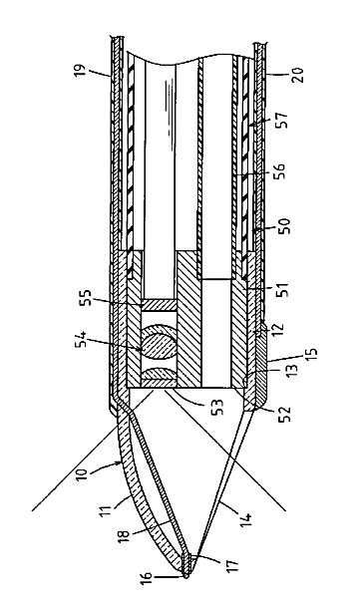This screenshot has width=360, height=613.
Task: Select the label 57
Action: click(281, 121)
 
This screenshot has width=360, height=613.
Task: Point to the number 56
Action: click(281, 170)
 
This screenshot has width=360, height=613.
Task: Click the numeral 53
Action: click(216, 408)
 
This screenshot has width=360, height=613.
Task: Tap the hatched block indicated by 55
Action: click(159, 305)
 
